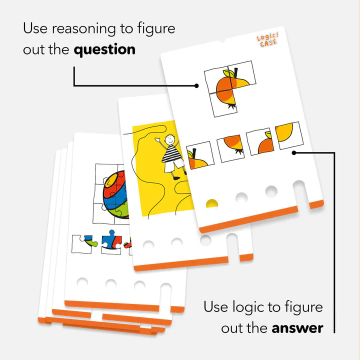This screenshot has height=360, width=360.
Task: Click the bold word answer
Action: coord(297,328)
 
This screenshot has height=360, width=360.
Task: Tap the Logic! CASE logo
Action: coord(267,40)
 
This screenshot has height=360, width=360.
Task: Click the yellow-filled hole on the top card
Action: coord(211,203)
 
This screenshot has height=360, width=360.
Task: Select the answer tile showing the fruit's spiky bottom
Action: coord(230,148)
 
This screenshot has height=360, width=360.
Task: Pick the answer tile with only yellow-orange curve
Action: coord(289,135)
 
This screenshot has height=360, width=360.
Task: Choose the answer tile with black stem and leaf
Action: coord(200,155)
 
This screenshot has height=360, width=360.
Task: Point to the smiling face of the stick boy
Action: coord(170,138)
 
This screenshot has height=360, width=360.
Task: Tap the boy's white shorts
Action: coord(174,166)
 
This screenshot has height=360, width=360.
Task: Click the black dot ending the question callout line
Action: coord(196,85)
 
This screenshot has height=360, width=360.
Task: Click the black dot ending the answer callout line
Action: coord(294,153)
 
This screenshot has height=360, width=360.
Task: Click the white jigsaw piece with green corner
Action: coord(84,244)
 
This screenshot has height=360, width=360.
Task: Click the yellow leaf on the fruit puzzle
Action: coord(229,73)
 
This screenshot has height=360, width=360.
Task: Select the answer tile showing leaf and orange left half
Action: coord(260,141)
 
